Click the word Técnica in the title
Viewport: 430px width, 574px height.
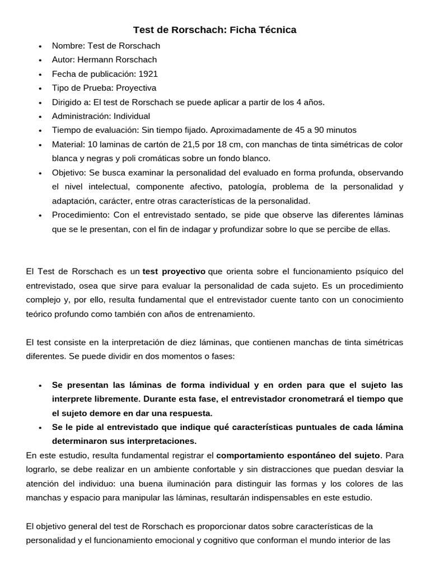(x=275, y=30)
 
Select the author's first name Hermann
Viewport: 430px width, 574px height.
(x=97, y=59)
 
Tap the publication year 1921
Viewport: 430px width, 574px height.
(x=148, y=73)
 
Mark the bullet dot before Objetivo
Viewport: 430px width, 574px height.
(x=40, y=173)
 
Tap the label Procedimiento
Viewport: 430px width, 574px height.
(x=81, y=215)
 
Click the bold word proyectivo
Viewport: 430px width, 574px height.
(x=174, y=271)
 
